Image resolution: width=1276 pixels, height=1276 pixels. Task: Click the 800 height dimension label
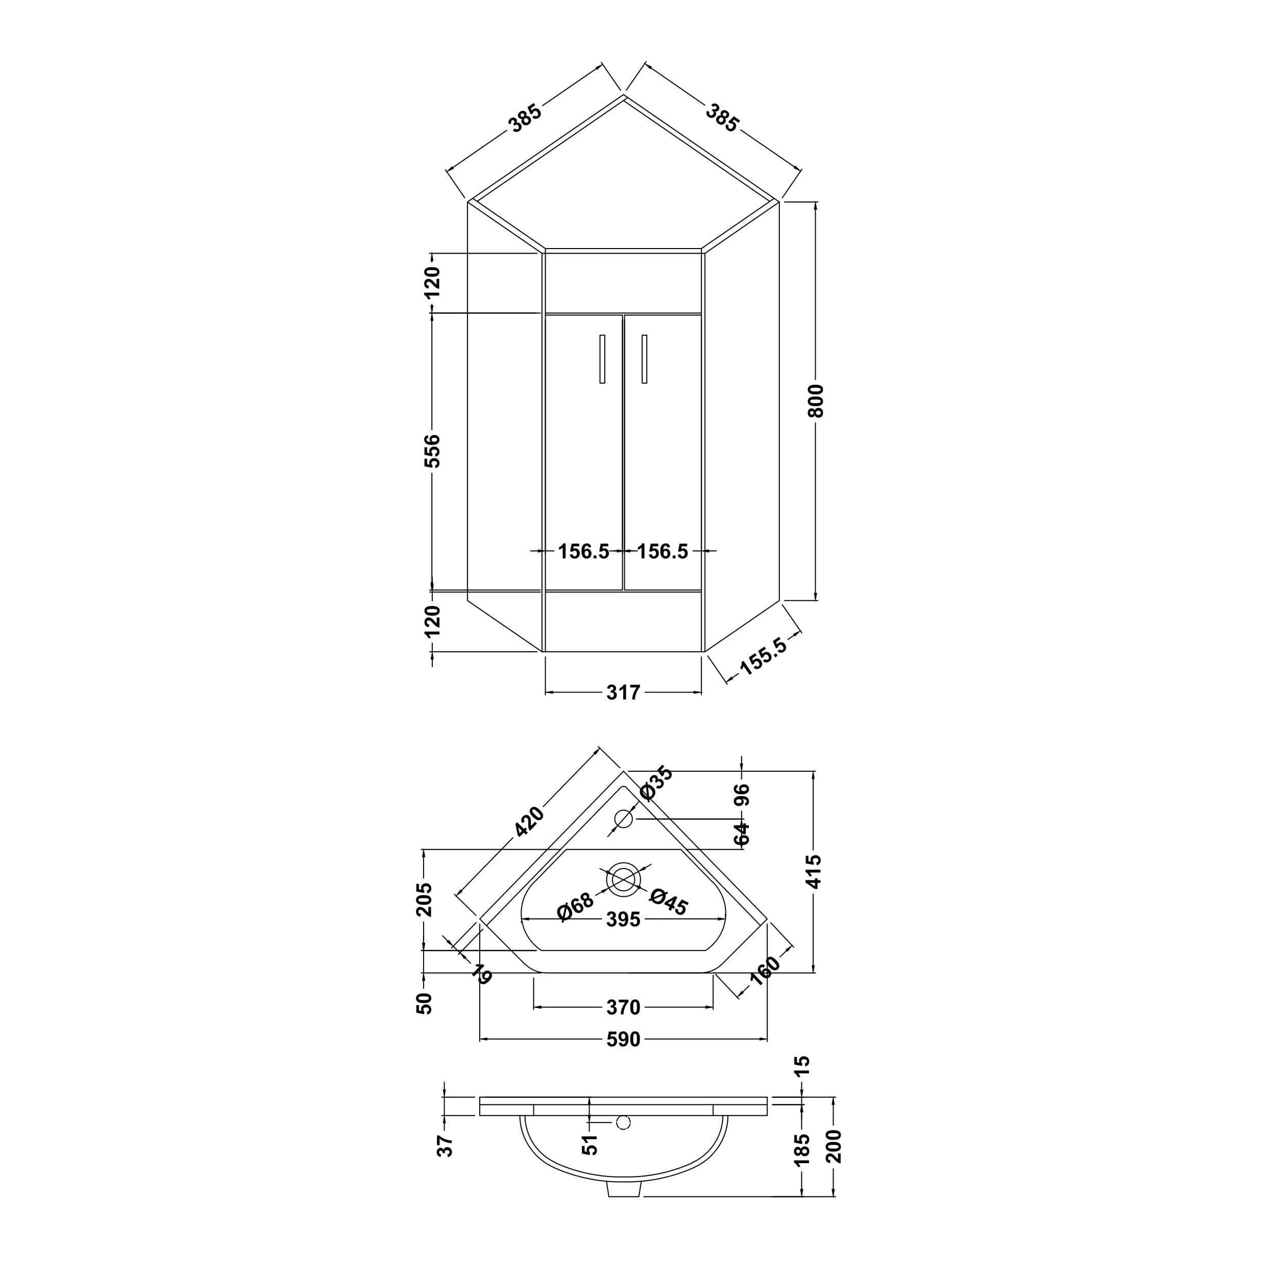[x=816, y=400]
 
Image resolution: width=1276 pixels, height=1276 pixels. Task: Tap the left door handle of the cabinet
[x=602, y=359]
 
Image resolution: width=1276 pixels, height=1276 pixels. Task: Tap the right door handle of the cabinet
[x=644, y=359]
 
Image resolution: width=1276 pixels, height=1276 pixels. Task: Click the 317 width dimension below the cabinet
[x=623, y=692]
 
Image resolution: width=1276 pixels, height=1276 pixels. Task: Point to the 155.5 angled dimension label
[x=763, y=656]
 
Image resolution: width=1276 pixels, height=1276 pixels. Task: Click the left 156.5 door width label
[x=583, y=551]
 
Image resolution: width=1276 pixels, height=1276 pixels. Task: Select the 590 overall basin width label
[x=623, y=1040]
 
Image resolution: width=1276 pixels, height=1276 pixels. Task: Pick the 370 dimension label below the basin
[x=623, y=1007]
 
